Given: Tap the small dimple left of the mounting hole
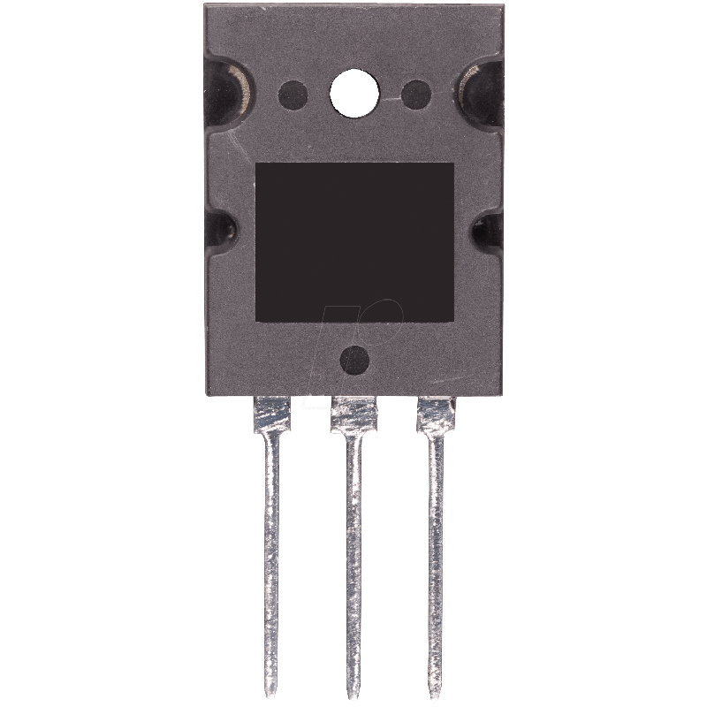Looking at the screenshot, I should pos(292,92).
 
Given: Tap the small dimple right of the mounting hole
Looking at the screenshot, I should pos(414,92).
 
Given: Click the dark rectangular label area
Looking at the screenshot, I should pos(353,242).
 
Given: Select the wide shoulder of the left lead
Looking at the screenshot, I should pos(272,414).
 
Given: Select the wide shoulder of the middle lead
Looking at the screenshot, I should pos(353,414).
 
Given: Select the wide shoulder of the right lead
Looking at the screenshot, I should pos(435,414).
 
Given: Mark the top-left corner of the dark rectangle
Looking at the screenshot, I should pos(256,163).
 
